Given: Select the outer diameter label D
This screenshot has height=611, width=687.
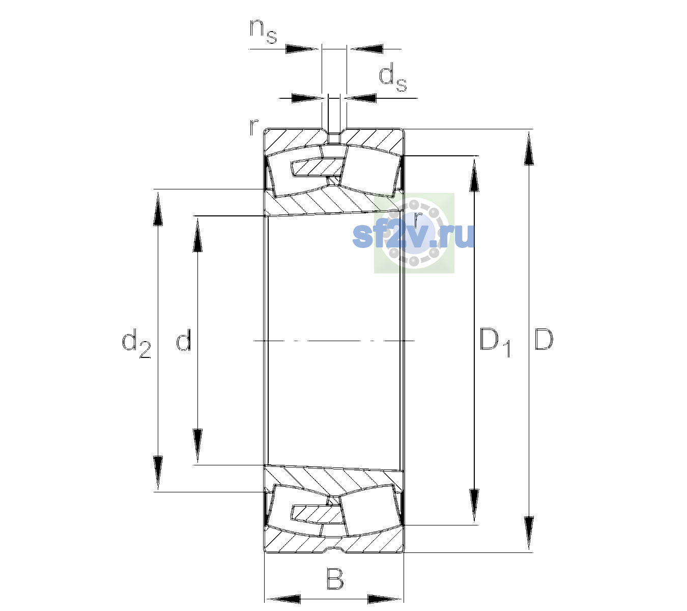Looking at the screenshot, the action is tap(543, 339).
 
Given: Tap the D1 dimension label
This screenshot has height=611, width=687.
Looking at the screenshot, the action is tap(495, 342).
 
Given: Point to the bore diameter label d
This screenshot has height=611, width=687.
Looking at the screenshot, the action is tap(184, 339).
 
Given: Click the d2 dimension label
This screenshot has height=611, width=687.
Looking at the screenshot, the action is tap(136, 343).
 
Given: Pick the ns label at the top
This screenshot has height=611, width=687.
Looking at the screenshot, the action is tap(263, 32).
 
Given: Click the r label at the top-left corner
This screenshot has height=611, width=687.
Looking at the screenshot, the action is tap(254, 128).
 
